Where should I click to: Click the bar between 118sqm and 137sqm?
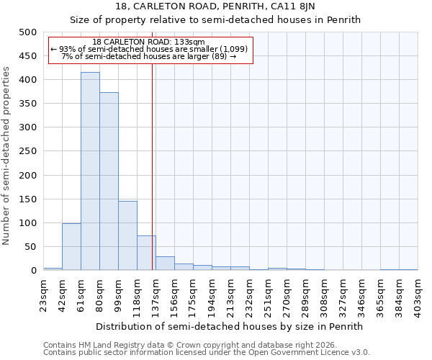pos(146,253)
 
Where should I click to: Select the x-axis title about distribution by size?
pos(230,326)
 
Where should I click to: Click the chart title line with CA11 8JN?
pos(215,6)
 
